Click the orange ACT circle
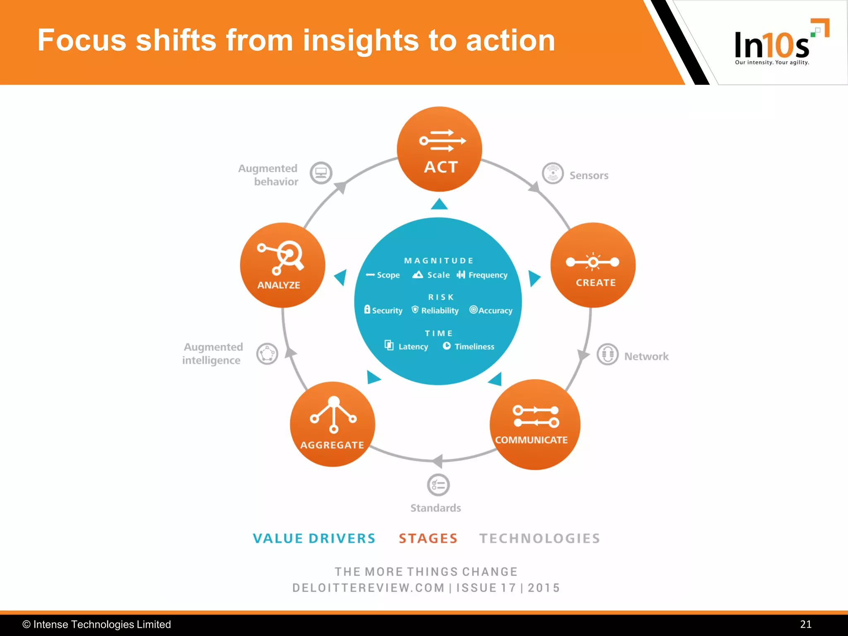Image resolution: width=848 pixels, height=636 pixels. click(x=439, y=149)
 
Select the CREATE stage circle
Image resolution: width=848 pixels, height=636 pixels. click(x=593, y=265)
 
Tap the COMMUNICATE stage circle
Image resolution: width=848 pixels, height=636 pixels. click(x=535, y=424)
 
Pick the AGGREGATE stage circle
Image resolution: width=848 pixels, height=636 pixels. click(x=332, y=424)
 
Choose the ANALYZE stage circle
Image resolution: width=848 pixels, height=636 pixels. click(x=282, y=265)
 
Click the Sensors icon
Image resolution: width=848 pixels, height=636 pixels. click(x=553, y=173)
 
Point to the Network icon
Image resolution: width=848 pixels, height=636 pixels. click(x=607, y=354)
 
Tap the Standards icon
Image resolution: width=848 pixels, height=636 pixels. click(x=438, y=485)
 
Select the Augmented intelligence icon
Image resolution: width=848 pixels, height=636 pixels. click(x=267, y=354)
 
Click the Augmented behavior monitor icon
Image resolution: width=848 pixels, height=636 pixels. click(x=321, y=173)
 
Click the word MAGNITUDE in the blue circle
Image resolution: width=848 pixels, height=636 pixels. click(x=438, y=260)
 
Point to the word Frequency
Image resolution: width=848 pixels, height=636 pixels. click(x=488, y=275)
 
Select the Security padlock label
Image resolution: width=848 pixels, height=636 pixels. click(x=383, y=310)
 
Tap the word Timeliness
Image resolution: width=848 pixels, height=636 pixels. click(x=474, y=347)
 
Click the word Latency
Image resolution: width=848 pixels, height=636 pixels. click(x=413, y=347)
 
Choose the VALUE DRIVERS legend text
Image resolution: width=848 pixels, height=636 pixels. click(x=314, y=538)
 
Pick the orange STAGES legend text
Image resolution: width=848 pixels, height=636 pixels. click(x=428, y=538)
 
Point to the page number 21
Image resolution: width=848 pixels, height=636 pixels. click(x=805, y=624)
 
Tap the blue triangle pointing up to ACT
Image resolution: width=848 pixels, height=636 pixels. click(x=439, y=205)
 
